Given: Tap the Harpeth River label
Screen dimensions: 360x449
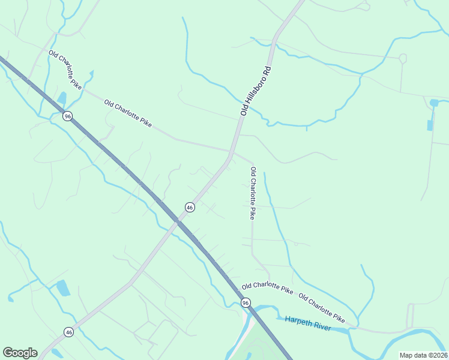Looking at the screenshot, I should click(308, 323).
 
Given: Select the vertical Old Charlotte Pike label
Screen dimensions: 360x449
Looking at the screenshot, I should click(253, 193).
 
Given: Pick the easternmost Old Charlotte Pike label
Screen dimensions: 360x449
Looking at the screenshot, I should click(322, 307).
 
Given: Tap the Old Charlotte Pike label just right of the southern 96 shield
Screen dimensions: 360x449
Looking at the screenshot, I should click(267, 289).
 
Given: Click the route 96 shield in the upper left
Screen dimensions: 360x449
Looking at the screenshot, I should click(68, 116).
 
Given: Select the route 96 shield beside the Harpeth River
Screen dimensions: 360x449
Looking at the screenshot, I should click(246, 303).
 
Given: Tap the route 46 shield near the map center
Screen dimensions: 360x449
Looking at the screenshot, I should click(190, 207).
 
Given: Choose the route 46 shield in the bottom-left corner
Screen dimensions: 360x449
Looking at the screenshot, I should click(69, 332).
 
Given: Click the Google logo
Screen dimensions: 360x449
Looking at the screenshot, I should click(20, 353).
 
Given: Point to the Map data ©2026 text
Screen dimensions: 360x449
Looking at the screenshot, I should click(423, 355).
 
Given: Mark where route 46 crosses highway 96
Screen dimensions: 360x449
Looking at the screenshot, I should click(178, 221).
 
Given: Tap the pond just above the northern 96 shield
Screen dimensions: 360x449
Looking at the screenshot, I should click(62, 98).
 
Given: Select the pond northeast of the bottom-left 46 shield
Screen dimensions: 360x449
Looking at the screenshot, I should click(63, 288).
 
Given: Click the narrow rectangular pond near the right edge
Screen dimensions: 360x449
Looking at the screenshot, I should click(430, 125).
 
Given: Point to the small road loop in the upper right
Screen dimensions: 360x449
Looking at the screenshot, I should click(403, 59).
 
